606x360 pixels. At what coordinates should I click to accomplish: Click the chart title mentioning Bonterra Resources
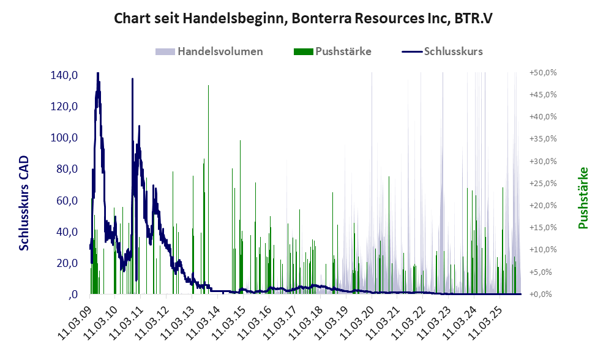[x=303, y=19]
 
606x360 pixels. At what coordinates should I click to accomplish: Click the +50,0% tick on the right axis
[x=543, y=72]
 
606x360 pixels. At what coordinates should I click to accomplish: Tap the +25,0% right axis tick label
[x=543, y=183]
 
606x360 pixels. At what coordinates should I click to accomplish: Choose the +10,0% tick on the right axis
[x=543, y=250]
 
